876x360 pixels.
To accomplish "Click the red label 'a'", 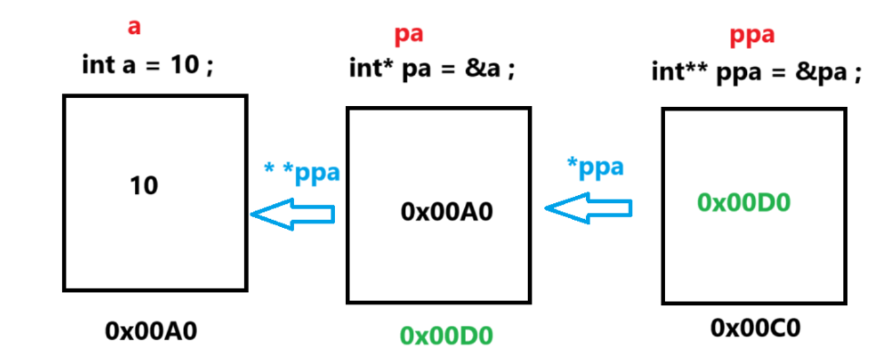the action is (134, 28).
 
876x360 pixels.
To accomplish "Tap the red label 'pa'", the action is (409, 34).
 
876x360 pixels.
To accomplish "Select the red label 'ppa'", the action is (752, 36).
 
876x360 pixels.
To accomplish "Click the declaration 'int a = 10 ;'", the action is (148, 64).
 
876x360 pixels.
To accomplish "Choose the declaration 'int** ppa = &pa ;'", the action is (756, 72).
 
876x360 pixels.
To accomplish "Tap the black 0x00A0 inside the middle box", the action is (447, 212).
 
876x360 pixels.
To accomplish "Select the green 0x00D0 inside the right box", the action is (744, 202).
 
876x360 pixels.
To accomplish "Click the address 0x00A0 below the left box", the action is (151, 332).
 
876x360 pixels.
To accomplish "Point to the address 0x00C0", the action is (755, 328).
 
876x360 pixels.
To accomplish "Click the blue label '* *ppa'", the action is (302, 173).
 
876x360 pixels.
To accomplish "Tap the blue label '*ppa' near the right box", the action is (595, 166).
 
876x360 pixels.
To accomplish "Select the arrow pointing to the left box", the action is (292, 214).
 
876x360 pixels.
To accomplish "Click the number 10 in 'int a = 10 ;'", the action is (184, 64).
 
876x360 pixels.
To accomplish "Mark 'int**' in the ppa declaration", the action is (681, 72).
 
